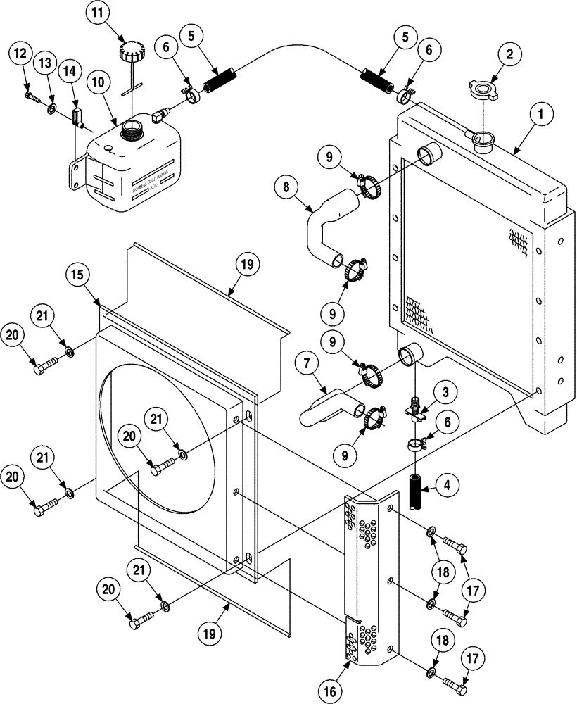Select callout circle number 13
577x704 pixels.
(x=45, y=63)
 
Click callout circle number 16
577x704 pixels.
(x=329, y=692)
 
